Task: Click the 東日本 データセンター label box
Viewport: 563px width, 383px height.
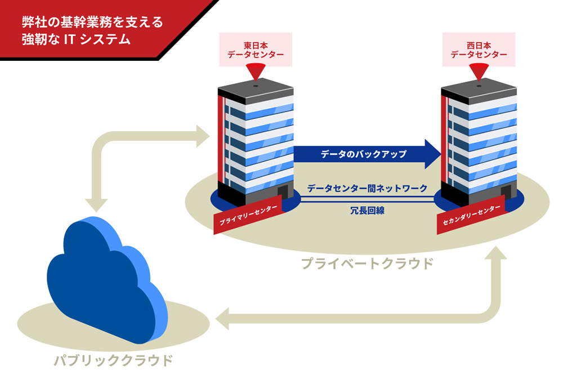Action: click(256, 50)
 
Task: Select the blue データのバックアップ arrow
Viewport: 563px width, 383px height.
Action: click(366, 154)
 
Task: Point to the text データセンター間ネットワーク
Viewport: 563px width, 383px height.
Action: click(367, 188)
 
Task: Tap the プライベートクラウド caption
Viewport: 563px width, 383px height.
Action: click(367, 263)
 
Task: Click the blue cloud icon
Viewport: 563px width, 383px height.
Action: click(107, 276)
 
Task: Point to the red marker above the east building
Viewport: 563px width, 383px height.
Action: click(256, 72)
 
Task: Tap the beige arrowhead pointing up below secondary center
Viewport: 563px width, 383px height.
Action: click(494, 256)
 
